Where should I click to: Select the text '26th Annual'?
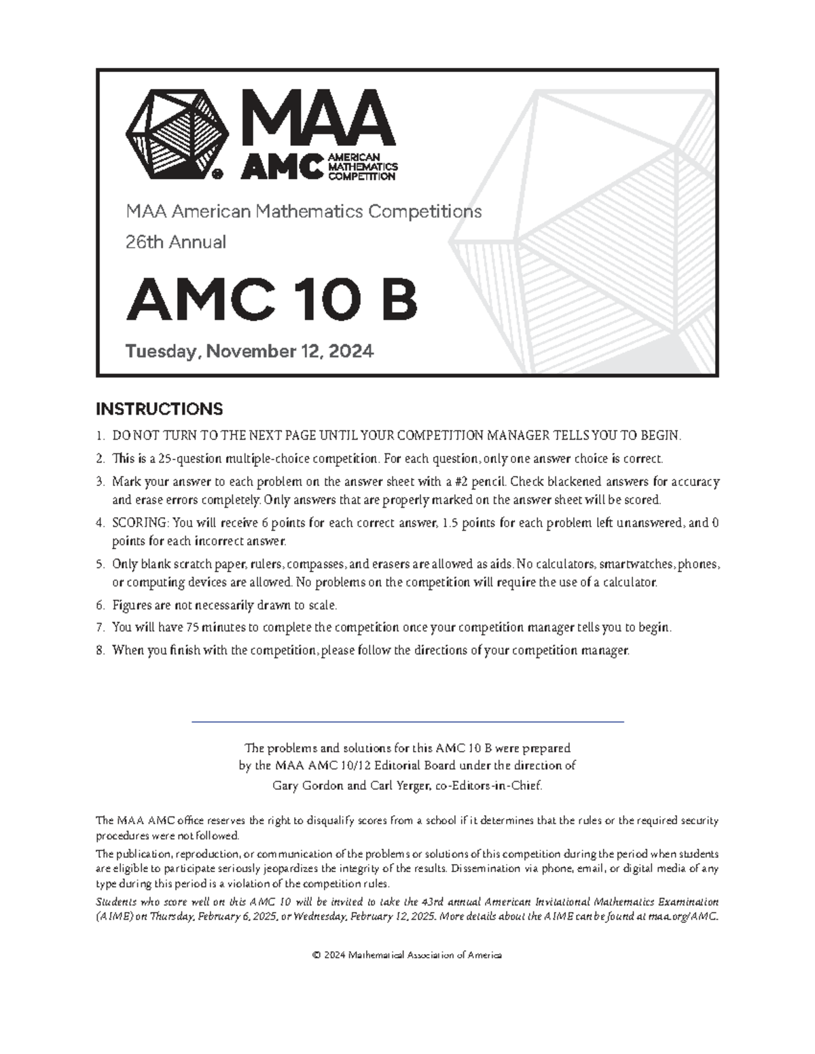[x=176, y=242]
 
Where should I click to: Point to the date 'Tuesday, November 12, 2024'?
[x=249, y=352]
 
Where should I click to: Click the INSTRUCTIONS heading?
[x=159, y=409]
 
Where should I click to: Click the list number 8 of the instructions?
[x=99, y=650]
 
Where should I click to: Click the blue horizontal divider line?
[x=407, y=722]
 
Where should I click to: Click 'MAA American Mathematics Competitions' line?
[x=304, y=212]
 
